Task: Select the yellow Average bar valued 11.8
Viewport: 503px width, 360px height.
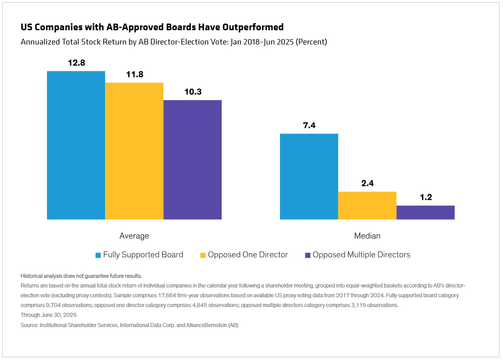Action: [134, 151]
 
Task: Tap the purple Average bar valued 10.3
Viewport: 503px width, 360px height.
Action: [192, 160]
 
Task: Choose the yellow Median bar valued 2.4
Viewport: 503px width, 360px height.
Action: [367, 206]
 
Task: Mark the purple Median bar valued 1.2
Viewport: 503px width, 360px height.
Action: [426, 212]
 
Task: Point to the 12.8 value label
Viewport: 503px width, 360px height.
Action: [76, 63]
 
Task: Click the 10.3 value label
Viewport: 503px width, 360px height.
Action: [193, 92]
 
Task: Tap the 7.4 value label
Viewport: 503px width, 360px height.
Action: [309, 125]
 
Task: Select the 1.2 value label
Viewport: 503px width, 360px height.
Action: [426, 197]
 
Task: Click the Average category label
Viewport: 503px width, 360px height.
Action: [134, 236]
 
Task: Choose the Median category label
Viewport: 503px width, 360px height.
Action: [367, 236]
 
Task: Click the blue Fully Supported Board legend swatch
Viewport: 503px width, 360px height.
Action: [98, 255]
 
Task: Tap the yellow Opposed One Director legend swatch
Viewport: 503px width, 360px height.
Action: [203, 255]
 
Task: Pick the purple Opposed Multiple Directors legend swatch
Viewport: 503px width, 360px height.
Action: [308, 255]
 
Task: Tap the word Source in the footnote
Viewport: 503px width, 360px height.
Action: [29, 326]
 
